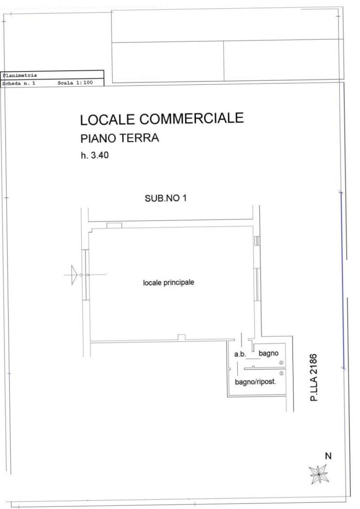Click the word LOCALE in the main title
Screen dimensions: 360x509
pos(108,119)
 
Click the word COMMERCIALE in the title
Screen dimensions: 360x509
pos(192,118)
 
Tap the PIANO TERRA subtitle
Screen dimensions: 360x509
pos(119,138)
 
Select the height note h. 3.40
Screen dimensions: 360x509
pos(95,155)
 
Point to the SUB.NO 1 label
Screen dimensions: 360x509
pos(166,198)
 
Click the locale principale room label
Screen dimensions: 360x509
pos(169,283)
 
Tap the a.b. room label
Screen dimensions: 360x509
pos(240,354)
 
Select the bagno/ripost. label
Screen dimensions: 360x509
pos(255,382)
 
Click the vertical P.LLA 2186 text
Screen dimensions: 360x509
pos(313,377)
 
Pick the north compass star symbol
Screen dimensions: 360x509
pos(318,474)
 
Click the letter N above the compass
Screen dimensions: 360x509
pos(328,456)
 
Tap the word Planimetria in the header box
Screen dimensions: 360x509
pos(20,75)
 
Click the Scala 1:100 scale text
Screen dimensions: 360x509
pos(75,83)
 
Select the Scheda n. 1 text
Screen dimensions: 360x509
pos(18,83)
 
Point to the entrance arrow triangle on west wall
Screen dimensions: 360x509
pos(74,275)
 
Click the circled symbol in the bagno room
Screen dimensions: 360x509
pos(281,363)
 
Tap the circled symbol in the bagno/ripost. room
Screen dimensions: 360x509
pos(281,374)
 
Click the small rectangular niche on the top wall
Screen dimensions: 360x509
pos(115,225)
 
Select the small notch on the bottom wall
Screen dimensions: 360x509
pos(181,337)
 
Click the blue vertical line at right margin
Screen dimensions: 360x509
pos(343,280)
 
